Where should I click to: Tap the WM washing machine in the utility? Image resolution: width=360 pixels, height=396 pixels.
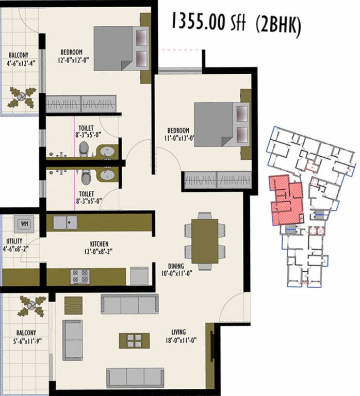coord(24,224)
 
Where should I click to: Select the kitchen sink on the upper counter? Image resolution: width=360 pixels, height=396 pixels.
coord(65,222)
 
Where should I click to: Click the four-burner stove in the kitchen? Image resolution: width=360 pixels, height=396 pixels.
coord(80,276)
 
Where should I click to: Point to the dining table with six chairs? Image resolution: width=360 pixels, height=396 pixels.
coord(205,241)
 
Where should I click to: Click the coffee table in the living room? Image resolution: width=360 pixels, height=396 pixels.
coord(134,340)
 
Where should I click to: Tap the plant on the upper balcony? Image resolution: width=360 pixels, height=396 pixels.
coord(21,96)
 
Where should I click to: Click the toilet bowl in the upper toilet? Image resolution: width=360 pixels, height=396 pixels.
coord(84,150)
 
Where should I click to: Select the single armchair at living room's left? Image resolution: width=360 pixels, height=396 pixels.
coord(72,340)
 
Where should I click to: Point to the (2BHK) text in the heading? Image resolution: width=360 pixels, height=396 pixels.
coord(277,25)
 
